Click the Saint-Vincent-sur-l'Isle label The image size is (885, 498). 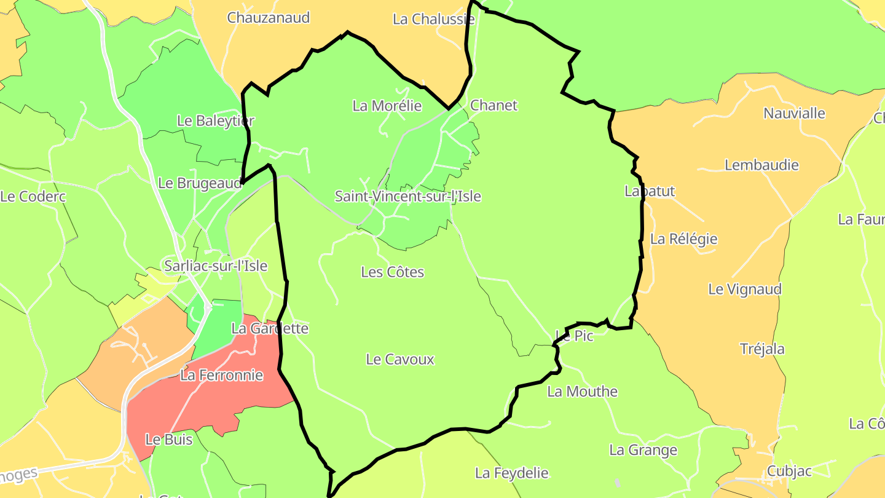(x=407, y=197)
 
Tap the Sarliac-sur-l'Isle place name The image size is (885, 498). (x=216, y=266)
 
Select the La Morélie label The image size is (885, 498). (x=387, y=106)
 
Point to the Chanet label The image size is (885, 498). (x=494, y=105)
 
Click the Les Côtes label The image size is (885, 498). (x=393, y=272)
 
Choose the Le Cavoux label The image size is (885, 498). (x=400, y=360)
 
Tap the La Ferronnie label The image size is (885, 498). (x=221, y=375)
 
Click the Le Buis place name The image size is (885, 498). (x=169, y=440)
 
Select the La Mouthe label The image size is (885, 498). (x=582, y=392)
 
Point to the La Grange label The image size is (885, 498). (x=643, y=450)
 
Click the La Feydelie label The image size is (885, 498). (x=511, y=473)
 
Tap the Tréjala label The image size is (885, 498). (x=762, y=349)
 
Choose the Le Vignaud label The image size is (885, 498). (x=745, y=289)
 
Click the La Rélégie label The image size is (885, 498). (x=683, y=239)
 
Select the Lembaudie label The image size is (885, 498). (x=761, y=165)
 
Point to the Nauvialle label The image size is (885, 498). (x=794, y=113)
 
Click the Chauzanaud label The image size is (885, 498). (x=268, y=17)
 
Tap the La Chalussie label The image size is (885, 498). (x=433, y=19)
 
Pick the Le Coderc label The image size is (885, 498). (x=33, y=197)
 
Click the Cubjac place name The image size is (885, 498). (x=789, y=472)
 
